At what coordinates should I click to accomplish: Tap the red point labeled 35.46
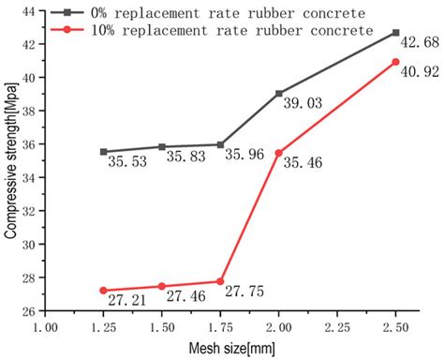pos(279,153)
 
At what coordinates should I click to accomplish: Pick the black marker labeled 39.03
pos(279,93)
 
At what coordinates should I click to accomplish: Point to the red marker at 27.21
pos(103,291)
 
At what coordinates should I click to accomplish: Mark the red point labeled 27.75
pos(220,281)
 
